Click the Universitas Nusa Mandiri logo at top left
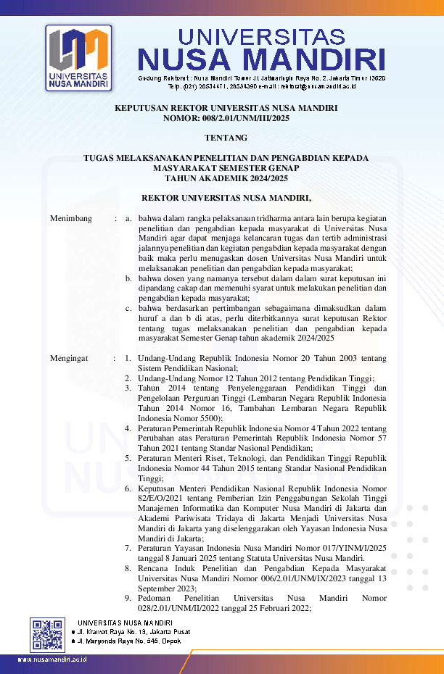[x=78, y=58]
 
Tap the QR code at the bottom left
[x=48, y=635]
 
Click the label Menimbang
[x=70, y=217]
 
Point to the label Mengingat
[x=69, y=358]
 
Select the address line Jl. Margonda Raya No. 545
[x=128, y=641]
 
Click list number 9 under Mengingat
[x=128, y=599]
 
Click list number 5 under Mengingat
[x=128, y=458]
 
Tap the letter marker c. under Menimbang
[x=128, y=307]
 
